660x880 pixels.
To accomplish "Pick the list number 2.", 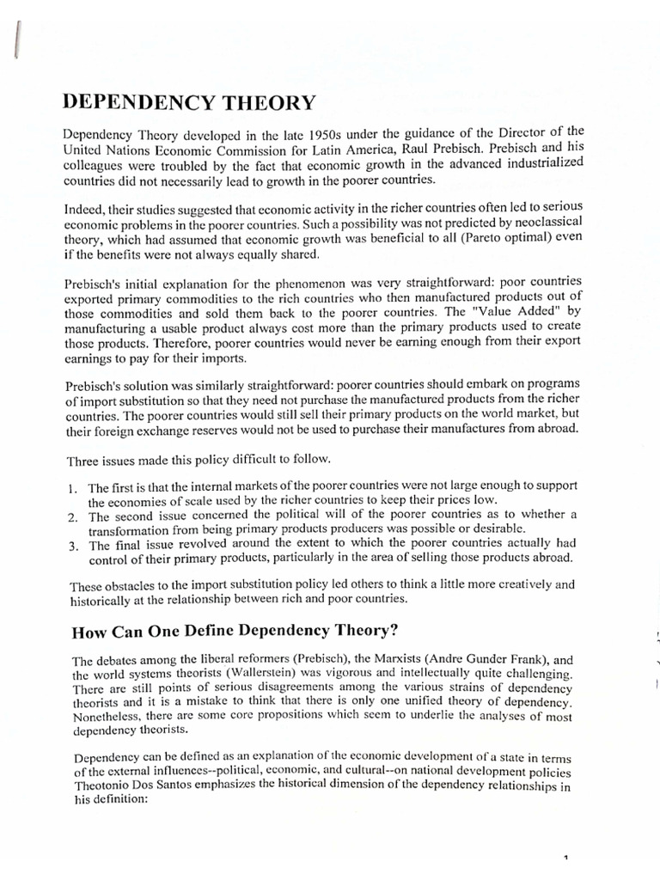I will point(71,516).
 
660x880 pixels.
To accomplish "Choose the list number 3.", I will point(71,546).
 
